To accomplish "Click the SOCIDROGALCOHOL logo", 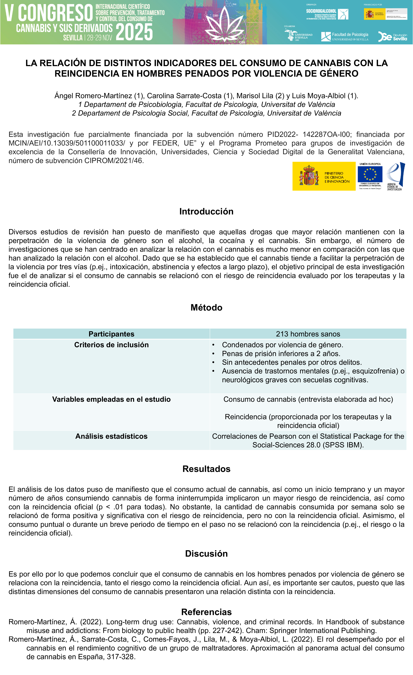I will [x=327, y=14].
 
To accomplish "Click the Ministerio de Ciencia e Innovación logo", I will [x=324, y=176].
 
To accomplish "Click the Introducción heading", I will [x=206, y=212].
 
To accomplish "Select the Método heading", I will [x=206, y=308].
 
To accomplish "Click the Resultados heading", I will [x=206, y=469].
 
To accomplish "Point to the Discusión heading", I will [x=206, y=554].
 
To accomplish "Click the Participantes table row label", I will [x=111, y=334].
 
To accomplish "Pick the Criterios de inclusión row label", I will [x=111, y=345].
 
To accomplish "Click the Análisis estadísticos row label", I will [x=111, y=436].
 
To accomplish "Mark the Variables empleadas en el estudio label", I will [x=111, y=399].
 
